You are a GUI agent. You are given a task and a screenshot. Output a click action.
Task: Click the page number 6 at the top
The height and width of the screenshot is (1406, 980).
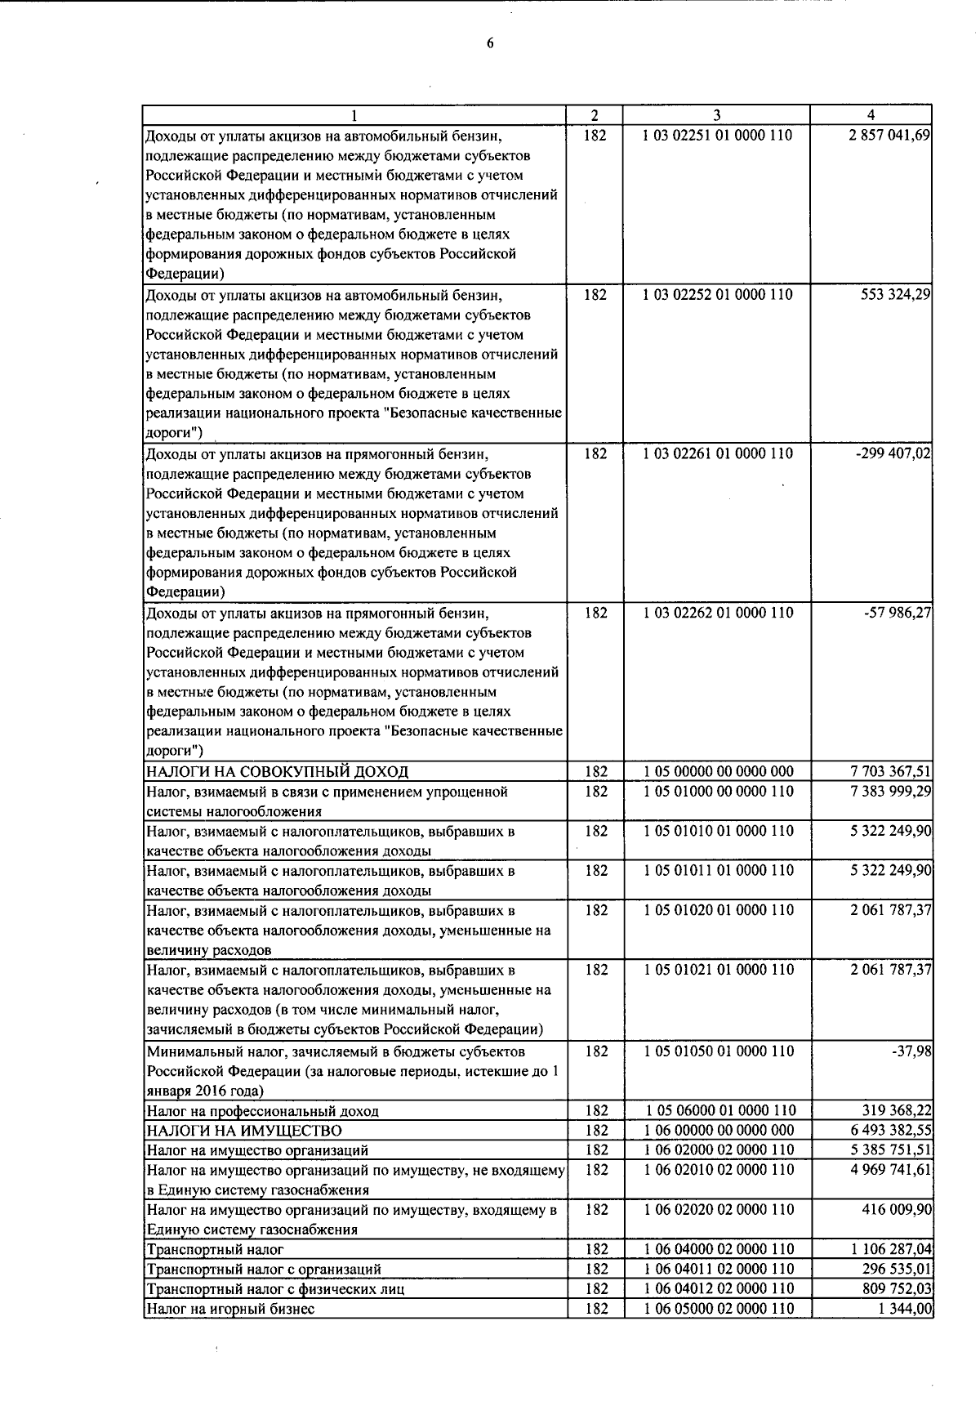click(490, 44)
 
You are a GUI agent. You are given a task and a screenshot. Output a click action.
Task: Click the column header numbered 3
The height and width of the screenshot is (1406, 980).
click(715, 116)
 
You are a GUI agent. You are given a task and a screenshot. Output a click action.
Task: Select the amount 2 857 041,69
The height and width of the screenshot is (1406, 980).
click(890, 136)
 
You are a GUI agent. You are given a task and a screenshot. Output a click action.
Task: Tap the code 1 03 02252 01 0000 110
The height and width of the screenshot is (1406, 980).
click(718, 295)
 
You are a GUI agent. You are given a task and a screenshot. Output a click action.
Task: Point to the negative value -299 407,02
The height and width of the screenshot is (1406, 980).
click(893, 454)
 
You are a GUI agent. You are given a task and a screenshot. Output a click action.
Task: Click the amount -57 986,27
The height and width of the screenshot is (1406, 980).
click(898, 613)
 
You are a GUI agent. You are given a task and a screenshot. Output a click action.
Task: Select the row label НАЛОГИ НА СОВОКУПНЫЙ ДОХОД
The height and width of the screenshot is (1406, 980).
click(277, 772)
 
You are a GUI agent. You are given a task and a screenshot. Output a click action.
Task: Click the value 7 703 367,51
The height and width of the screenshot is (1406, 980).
click(891, 772)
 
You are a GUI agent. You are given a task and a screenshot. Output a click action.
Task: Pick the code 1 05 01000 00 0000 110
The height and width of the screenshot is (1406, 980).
click(718, 792)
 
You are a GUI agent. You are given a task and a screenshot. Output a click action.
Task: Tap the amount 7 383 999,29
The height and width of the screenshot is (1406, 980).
click(891, 792)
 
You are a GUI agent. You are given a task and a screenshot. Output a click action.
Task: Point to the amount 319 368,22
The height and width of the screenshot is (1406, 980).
click(897, 1111)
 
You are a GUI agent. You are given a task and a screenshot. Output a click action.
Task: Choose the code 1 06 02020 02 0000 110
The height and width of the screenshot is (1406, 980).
click(718, 1210)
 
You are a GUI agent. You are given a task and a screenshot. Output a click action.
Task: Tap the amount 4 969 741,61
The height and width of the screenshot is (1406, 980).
click(891, 1170)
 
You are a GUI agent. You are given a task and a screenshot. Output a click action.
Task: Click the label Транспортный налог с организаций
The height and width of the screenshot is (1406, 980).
click(263, 1270)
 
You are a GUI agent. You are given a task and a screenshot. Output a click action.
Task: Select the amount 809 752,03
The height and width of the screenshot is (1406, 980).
click(897, 1289)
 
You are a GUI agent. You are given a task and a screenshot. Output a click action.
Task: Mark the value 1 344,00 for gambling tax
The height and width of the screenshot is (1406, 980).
click(903, 1309)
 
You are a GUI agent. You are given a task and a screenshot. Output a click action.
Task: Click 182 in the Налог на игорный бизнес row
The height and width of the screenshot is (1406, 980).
click(595, 1309)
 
